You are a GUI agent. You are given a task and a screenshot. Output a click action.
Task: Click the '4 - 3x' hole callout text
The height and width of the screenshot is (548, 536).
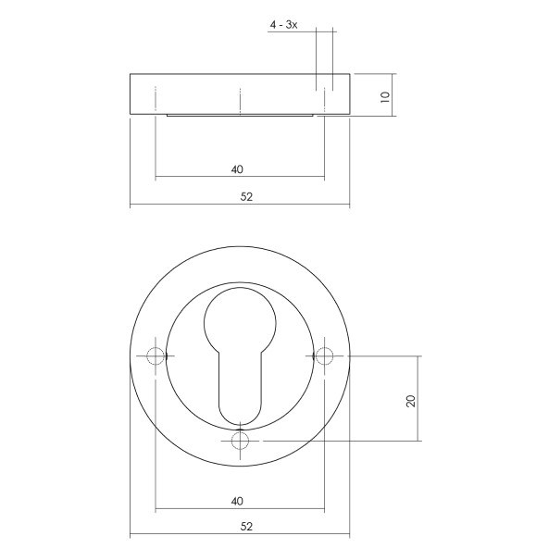[283, 24]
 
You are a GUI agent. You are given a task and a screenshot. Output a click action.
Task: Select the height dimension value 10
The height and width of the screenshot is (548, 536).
[384, 94]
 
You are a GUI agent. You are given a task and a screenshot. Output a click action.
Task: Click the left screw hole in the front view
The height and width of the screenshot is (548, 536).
[156, 356]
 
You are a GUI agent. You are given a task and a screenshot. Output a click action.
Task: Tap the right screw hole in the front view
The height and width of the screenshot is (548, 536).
[325, 356]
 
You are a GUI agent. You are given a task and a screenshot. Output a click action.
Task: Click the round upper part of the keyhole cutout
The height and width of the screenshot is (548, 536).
[241, 320]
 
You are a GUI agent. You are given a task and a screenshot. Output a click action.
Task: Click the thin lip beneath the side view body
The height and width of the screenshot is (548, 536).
[241, 116]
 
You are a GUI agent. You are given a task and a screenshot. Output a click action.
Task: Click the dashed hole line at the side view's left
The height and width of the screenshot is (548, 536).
[156, 100]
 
